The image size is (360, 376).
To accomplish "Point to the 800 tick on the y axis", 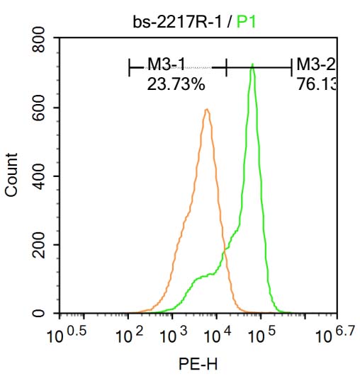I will (x=41, y=41).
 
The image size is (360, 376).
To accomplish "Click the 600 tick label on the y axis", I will (x=41, y=108).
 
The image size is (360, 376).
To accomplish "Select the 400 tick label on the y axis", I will (x=41, y=177).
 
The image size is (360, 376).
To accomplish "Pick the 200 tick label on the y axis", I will (x=41, y=245).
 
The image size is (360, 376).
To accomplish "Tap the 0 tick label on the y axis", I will (x=41, y=313).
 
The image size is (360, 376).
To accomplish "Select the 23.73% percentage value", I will (x=176, y=85).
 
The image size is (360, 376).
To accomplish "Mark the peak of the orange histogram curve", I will (x=206, y=110).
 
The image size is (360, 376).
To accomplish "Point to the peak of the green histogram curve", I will (x=252, y=65).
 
